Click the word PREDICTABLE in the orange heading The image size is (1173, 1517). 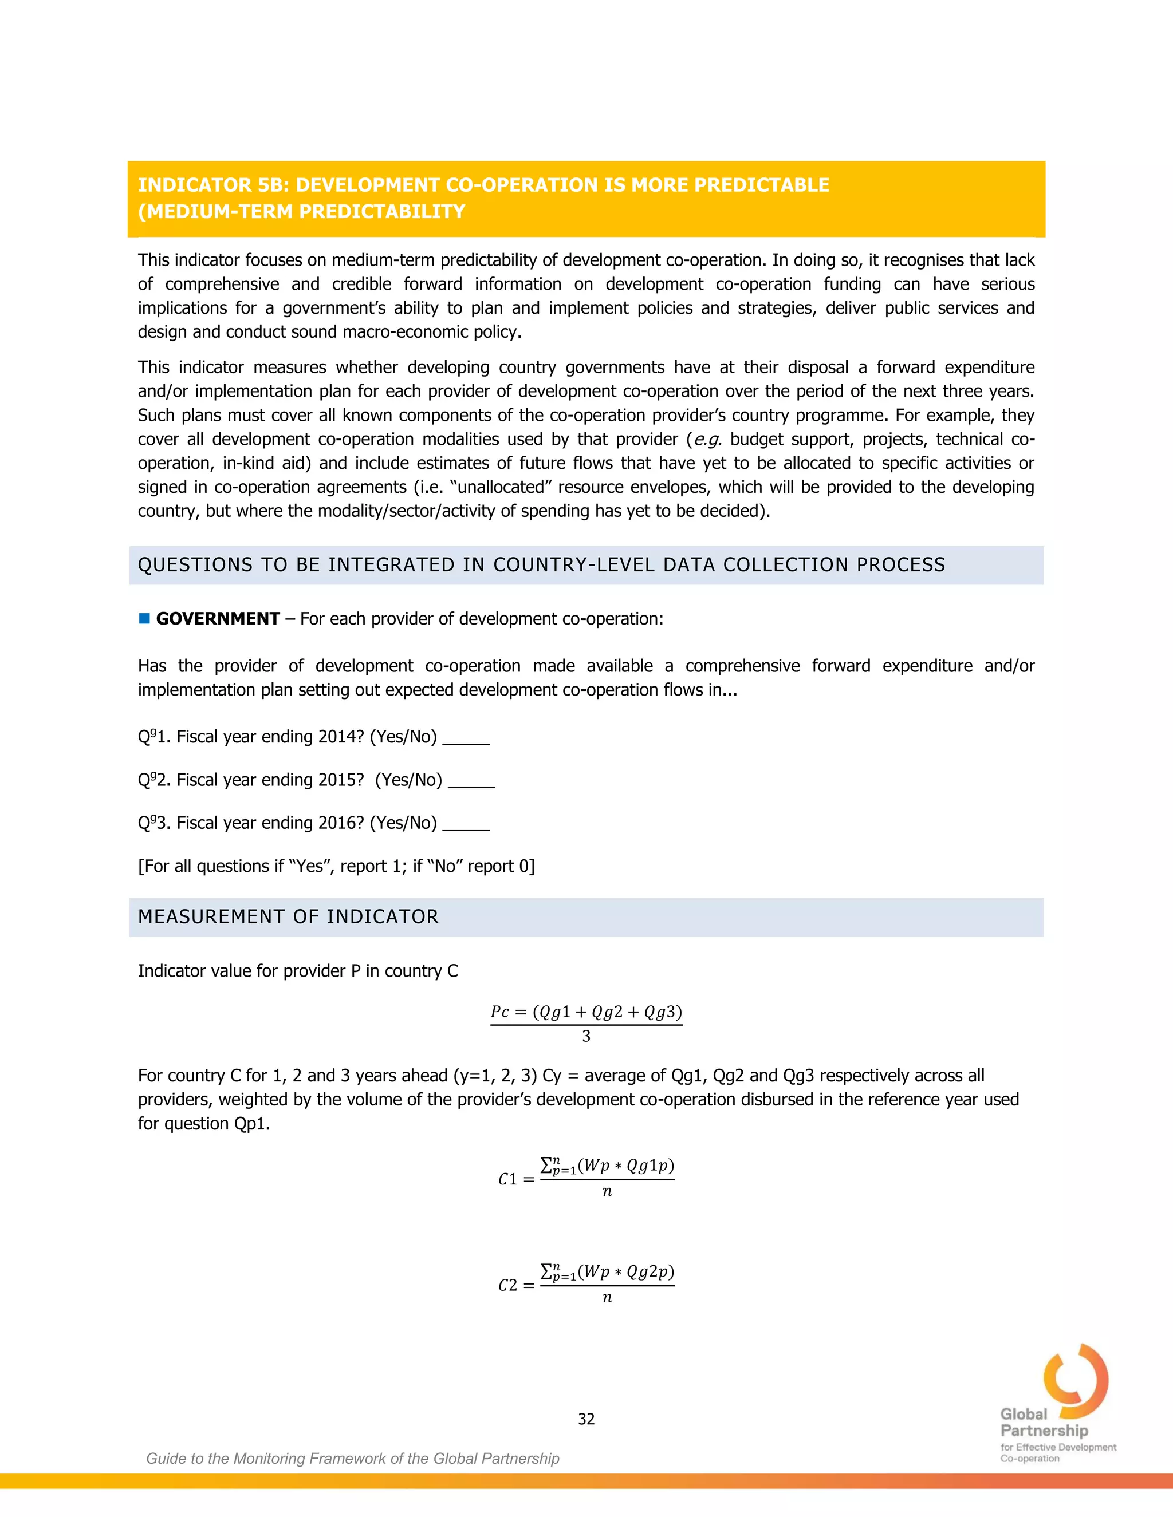pos(762,185)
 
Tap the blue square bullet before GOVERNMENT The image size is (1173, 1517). pos(144,618)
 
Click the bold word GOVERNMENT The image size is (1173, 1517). pos(218,619)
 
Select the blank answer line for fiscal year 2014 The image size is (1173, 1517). pos(466,742)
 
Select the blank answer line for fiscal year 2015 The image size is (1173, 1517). pos(471,785)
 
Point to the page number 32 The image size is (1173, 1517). pos(586,1419)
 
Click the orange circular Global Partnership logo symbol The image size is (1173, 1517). pos(1075,1380)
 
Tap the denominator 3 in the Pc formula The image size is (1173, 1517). pos(586,1036)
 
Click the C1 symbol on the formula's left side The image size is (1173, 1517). pos(508,1179)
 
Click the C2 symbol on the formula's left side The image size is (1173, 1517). pos(508,1286)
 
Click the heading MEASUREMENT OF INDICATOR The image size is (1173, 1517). pos(289,917)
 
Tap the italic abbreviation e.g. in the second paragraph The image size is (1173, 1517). pos(707,440)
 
